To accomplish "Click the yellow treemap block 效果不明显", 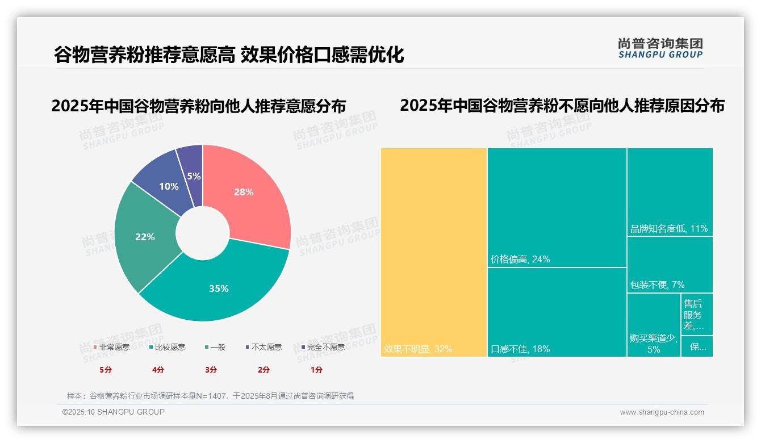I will point(434,252).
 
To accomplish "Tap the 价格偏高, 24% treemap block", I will point(557,207).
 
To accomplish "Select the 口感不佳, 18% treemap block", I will point(557,312).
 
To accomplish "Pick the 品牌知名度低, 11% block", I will point(670,192).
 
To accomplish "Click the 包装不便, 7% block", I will point(670,265).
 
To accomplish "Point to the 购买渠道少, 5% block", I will point(654,325).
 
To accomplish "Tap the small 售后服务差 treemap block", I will point(696,315).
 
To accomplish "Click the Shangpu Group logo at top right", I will point(660,48).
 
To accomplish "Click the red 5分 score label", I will point(105,370).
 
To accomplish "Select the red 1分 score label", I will point(316,370).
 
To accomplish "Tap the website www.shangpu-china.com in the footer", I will point(662,412).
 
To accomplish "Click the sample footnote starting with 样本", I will point(210,396).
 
